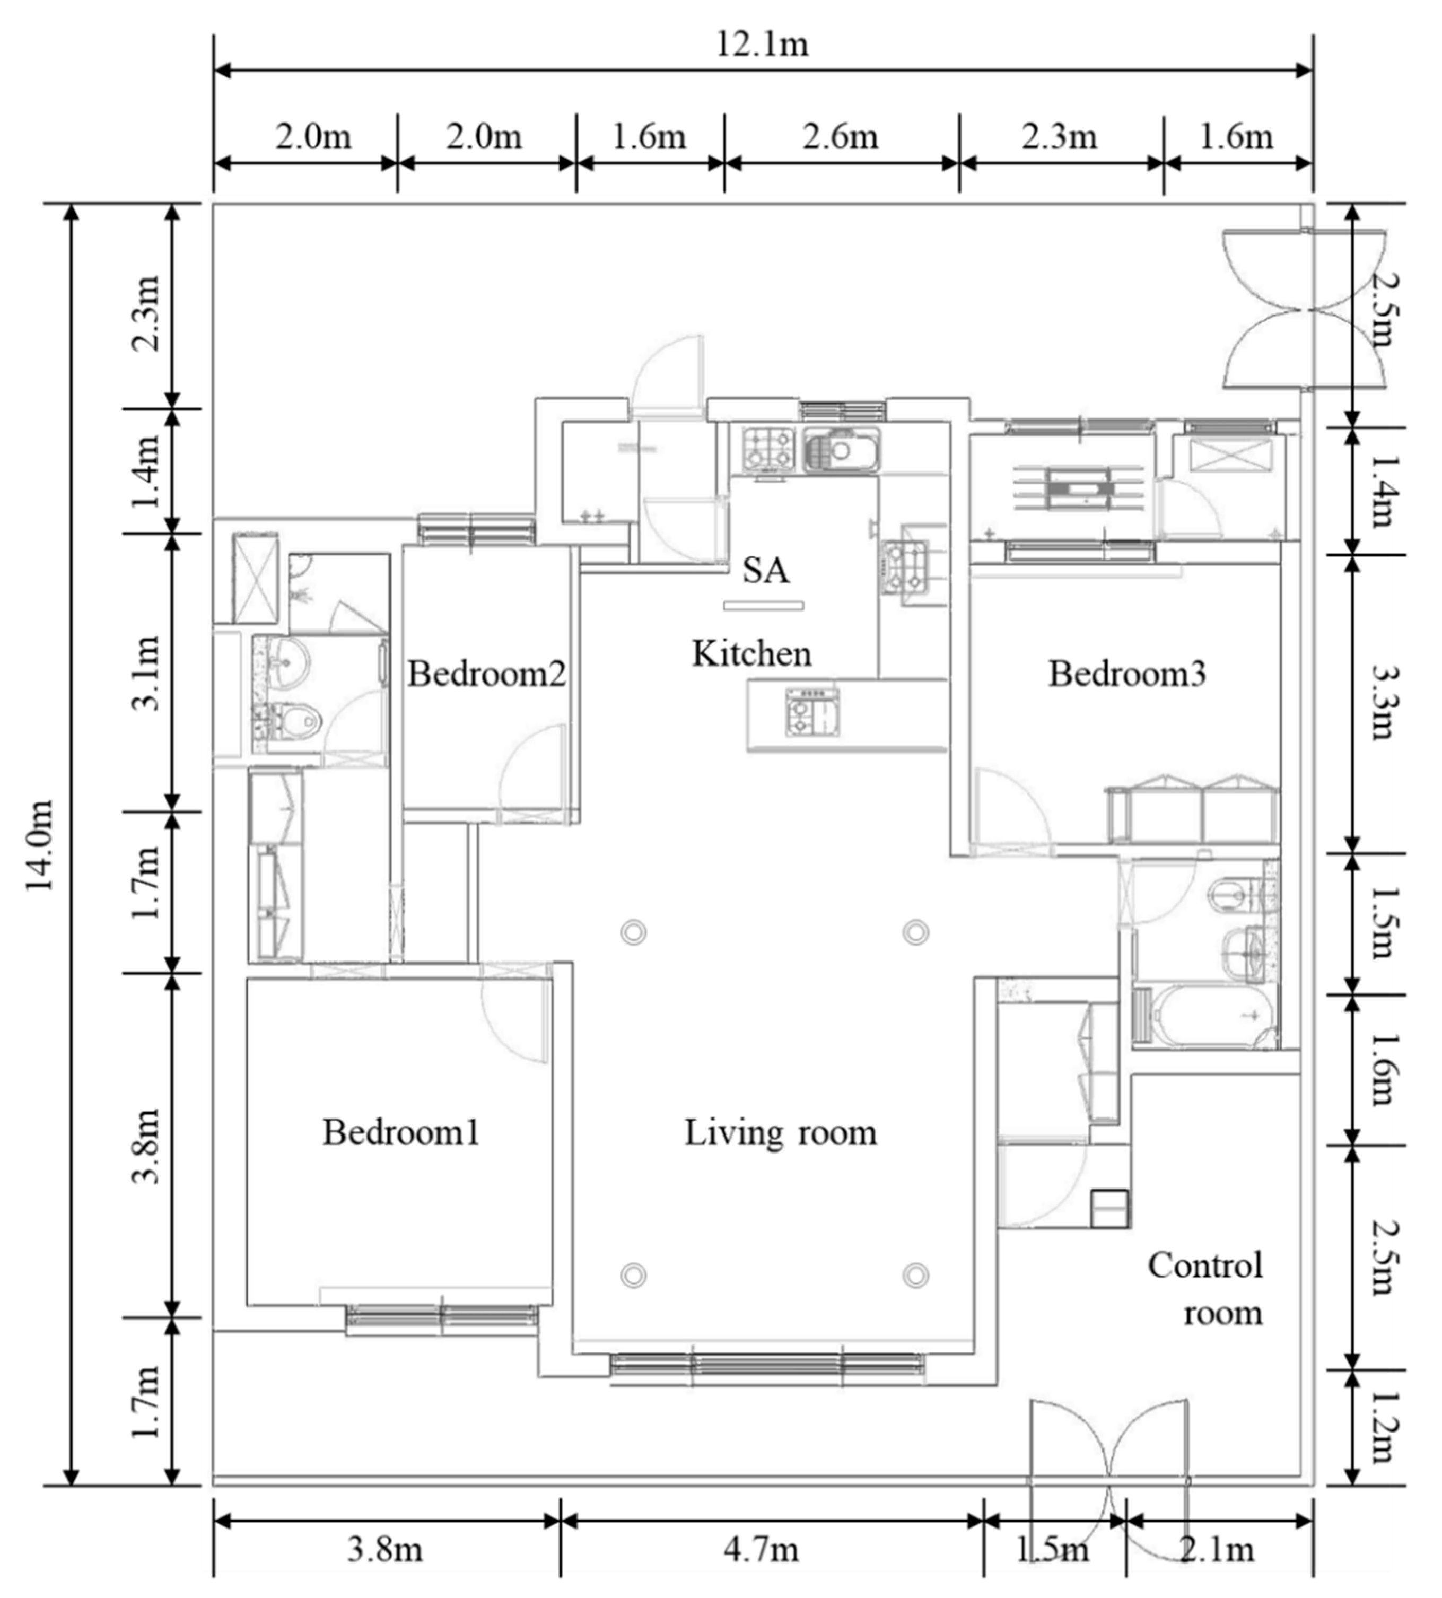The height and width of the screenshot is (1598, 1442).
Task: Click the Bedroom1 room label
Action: [401, 1132]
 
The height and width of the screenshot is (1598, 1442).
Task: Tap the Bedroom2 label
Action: [486, 674]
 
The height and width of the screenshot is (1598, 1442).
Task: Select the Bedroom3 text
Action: [1126, 674]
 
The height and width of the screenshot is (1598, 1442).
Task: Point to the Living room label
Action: [781, 1132]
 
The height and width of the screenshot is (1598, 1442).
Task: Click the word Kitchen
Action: [752, 653]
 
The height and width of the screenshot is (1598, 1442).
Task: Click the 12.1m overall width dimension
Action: [762, 45]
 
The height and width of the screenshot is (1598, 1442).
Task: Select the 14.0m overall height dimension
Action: [40, 844]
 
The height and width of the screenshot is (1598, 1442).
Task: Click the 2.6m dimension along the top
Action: [841, 137]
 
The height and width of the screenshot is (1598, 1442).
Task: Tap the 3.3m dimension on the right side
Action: [1383, 703]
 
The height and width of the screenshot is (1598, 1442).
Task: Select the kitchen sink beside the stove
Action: [842, 450]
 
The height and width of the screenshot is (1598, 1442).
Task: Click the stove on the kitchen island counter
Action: [812, 711]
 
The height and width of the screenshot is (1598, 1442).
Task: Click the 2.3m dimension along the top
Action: [1059, 137]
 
